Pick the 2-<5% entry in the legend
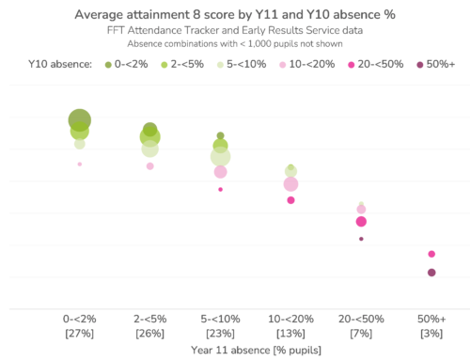(183, 64)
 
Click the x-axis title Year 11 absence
(256, 351)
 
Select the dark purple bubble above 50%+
(431, 273)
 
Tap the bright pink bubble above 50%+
(431, 254)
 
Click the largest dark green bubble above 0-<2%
(80, 120)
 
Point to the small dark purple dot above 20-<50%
(361, 239)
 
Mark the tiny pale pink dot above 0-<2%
(80, 164)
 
